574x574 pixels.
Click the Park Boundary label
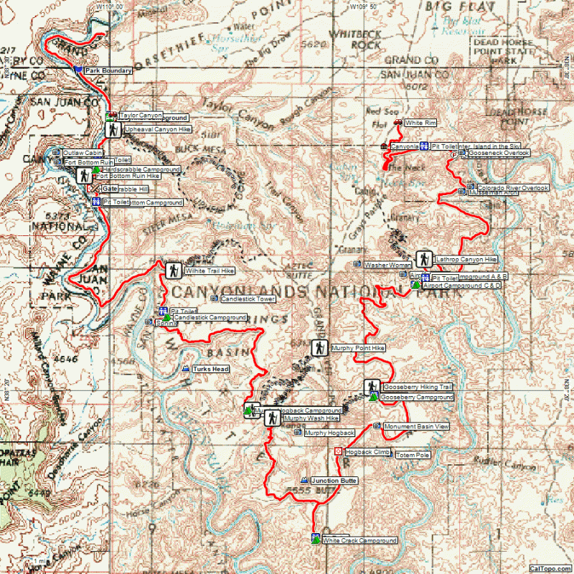pyautogui.click(x=108, y=70)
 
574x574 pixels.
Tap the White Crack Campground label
pyautogui.click(x=359, y=540)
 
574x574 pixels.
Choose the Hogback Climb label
pyautogui.click(x=367, y=452)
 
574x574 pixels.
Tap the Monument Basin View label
pyautogui.click(x=417, y=426)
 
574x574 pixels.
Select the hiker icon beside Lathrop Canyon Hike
pyautogui.click(x=424, y=259)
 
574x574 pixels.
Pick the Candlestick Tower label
pyautogui.click(x=248, y=298)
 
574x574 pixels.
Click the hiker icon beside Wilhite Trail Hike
pyautogui.click(x=173, y=270)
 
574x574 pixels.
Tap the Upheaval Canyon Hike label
pyautogui.click(x=158, y=129)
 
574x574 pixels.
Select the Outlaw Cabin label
pyautogui.click(x=83, y=153)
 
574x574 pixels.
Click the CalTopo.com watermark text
pyautogui.click(x=551, y=568)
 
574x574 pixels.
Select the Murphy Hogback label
pyautogui.click(x=329, y=433)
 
